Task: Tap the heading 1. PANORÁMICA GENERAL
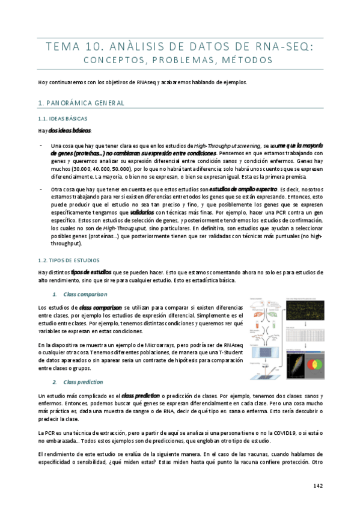[81, 103]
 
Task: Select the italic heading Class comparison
[85, 294]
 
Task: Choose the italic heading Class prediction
[83, 382]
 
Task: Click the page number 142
[319, 485]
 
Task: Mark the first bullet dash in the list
[40, 146]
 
